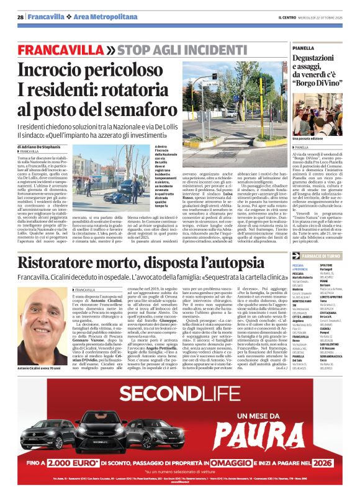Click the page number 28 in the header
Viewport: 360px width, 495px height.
coord(21,17)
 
